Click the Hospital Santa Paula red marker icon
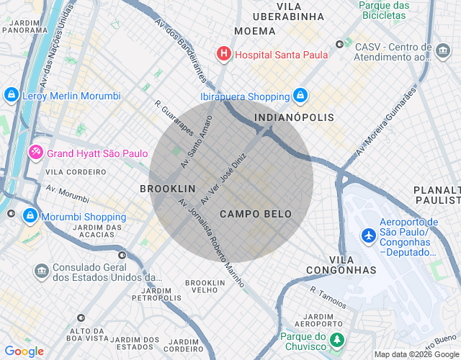(x=224, y=54)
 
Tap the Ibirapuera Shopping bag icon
(x=300, y=96)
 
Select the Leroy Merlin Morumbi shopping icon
(x=11, y=95)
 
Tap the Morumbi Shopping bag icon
(x=30, y=216)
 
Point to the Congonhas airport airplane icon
(x=369, y=235)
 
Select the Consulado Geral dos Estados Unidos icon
(x=41, y=271)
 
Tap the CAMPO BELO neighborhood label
(x=256, y=214)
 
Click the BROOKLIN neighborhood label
(x=167, y=188)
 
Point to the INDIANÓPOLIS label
(x=295, y=117)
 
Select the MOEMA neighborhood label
(x=255, y=31)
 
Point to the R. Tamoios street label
(x=328, y=297)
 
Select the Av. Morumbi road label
(x=68, y=194)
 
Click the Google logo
(x=24, y=351)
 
